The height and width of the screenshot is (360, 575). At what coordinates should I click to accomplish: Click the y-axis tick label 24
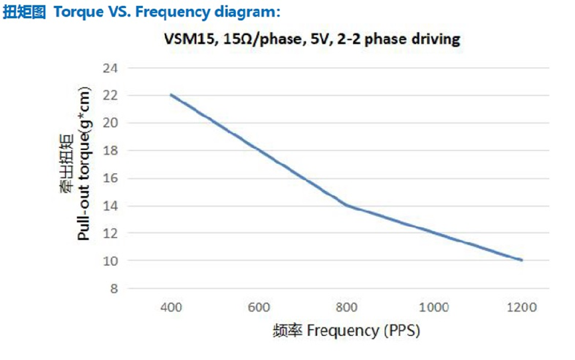pyautogui.click(x=110, y=68)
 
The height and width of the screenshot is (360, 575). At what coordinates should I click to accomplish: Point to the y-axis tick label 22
pyautogui.click(x=110, y=95)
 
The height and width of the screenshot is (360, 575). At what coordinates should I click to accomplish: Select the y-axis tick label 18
pyautogui.click(x=110, y=151)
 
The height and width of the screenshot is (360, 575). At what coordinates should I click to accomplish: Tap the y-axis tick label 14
pyautogui.click(x=110, y=206)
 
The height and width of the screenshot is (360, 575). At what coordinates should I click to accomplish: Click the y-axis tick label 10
pyautogui.click(x=110, y=261)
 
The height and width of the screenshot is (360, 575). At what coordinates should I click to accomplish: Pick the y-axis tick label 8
pyautogui.click(x=112, y=289)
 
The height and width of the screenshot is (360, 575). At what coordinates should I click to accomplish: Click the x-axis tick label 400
pyautogui.click(x=171, y=307)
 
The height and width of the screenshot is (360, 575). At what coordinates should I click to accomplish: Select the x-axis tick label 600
pyautogui.click(x=259, y=307)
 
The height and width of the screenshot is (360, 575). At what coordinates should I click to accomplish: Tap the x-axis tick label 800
pyautogui.click(x=346, y=307)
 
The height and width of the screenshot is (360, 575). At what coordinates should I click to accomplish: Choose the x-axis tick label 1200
pyautogui.click(x=522, y=307)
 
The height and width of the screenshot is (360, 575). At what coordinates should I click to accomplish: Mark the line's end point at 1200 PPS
pyautogui.click(x=522, y=260)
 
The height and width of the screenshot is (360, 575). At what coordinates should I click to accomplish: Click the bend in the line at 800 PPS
pyautogui.click(x=346, y=206)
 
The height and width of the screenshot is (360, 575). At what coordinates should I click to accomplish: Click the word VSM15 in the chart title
pyautogui.click(x=185, y=39)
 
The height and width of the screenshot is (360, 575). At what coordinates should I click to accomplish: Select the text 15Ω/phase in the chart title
pyautogui.click(x=256, y=39)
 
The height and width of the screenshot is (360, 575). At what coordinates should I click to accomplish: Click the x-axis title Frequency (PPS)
pyautogui.click(x=365, y=330)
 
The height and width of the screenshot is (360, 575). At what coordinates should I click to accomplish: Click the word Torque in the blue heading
pyautogui.click(x=73, y=12)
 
